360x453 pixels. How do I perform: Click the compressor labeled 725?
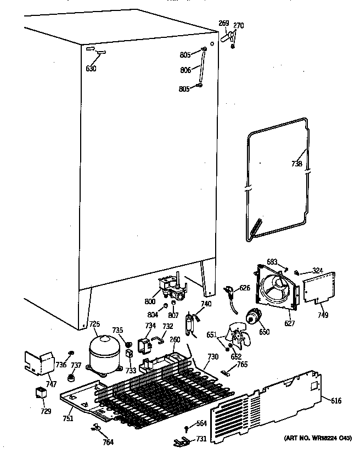pos(104,355)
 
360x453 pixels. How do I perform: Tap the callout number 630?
pos(91,69)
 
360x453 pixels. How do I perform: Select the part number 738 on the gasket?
pos(297,163)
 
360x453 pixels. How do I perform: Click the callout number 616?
pos(336,401)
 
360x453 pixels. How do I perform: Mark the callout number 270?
pos(238,25)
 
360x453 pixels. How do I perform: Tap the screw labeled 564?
pos(188,428)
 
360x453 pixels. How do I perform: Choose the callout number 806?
pos(185,70)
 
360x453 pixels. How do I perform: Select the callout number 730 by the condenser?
pos(213,357)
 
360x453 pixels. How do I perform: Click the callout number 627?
pos(289,323)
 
